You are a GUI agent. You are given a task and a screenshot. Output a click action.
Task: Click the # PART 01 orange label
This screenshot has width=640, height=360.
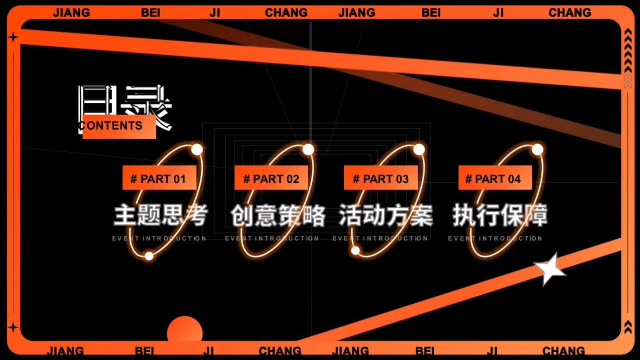coord(159,178)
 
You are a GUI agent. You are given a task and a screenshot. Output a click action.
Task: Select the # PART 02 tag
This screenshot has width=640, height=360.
coord(271,178)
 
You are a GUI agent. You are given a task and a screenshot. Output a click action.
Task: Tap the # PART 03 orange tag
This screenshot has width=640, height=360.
coord(381,178)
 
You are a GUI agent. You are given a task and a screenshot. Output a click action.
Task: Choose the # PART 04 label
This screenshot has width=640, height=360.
coord(494,178)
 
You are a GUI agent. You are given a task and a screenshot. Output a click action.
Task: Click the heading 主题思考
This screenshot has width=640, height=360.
coord(160,215)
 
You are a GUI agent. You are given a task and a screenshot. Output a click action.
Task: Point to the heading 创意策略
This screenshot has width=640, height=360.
coord(277,215)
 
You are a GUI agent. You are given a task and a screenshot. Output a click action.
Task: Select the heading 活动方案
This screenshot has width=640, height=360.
coord(386,215)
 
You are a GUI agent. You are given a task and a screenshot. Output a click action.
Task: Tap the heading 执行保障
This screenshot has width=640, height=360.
coord(500,215)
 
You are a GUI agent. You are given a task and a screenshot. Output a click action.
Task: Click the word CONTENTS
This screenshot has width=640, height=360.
coord(111,126)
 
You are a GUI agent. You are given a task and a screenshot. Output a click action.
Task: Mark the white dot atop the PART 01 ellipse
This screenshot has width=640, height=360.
coord(197,149)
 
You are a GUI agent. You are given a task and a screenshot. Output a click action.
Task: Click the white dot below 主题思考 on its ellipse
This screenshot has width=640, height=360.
coord(149,256)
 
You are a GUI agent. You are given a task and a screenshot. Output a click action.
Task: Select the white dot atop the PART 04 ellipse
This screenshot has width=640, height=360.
coord(537,149)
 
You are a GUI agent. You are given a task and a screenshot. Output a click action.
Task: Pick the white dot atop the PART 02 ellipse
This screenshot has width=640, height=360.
coord(308,149)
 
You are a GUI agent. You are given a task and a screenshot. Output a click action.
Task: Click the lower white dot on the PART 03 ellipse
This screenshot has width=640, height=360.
coord(355,250)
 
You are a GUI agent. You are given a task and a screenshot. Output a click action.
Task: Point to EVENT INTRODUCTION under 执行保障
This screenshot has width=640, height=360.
coord(495,238)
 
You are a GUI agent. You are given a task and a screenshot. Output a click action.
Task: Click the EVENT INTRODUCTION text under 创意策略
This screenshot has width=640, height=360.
coord(272,238)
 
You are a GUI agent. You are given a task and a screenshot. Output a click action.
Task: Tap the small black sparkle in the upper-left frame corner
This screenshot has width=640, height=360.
coord(13,37)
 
